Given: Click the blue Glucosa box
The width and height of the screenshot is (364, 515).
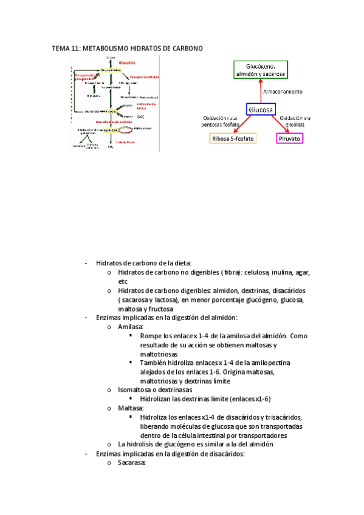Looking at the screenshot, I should point(261,110).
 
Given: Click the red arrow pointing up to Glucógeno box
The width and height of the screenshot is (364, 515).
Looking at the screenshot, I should point(261,91).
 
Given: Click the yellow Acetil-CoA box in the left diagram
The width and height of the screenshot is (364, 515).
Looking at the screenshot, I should point(111,129).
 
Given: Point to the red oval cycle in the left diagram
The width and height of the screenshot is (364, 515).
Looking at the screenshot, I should point(125,129).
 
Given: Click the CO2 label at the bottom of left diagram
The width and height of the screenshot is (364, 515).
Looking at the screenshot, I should point(111,147).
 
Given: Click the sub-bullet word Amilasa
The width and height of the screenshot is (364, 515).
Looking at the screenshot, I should point(131,327).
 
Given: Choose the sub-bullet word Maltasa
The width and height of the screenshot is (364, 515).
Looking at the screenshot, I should point(131,408).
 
